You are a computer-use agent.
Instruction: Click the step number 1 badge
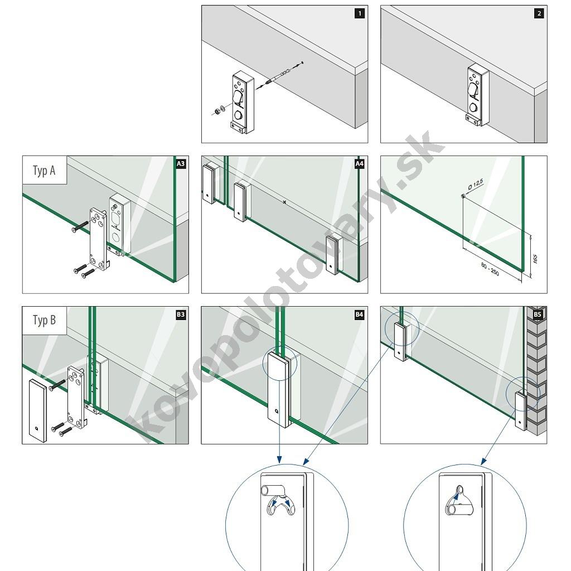pos(360,13)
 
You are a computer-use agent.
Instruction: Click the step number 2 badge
pos(539,13)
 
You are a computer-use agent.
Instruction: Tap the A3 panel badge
pos(181,163)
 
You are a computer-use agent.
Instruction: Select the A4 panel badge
pos(360,163)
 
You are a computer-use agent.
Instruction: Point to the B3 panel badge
pos(181,314)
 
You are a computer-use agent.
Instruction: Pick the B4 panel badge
pos(360,314)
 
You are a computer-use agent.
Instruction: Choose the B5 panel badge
pos(538,314)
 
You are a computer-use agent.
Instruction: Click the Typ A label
pos(44,170)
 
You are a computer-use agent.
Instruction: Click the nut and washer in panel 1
pos(219,109)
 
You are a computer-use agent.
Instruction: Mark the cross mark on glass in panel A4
pos(284,202)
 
